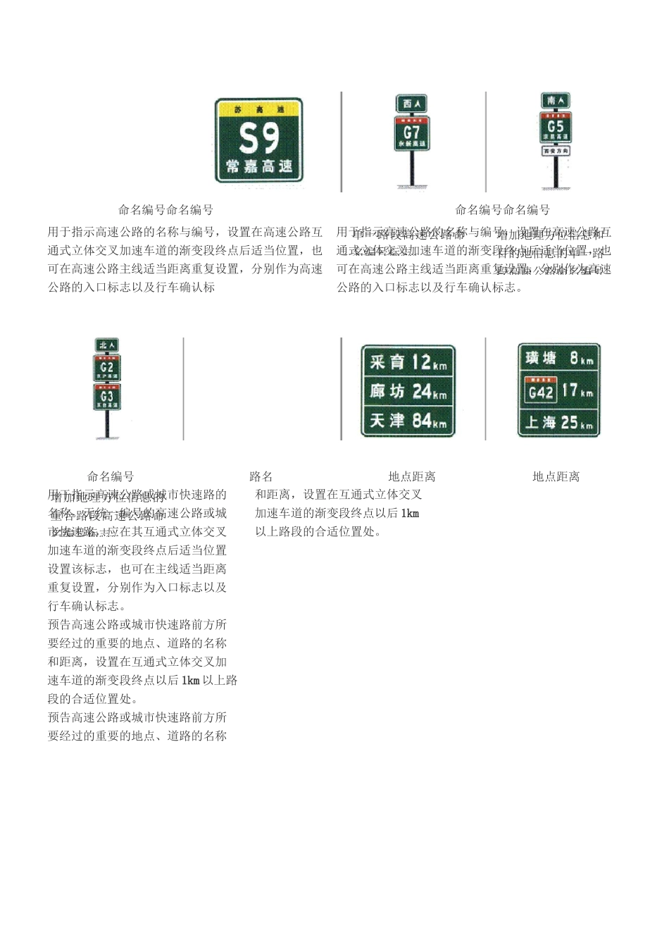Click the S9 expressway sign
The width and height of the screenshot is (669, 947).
coord(259,140)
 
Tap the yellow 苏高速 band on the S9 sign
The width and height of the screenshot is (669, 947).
coord(259,110)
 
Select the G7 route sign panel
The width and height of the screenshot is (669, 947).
coord(411,133)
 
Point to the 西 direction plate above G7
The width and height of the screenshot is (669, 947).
coord(411,104)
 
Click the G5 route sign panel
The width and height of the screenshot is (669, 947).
coord(556,128)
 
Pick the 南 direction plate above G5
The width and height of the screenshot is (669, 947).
coord(556,100)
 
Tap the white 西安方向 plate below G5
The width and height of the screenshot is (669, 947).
coord(556,151)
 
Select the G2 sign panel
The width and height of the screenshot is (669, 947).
coord(107,368)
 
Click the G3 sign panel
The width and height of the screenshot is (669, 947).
coord(107,397)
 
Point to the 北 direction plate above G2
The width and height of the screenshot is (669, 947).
coord(107,345)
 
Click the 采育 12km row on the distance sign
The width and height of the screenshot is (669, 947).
coord(408,362)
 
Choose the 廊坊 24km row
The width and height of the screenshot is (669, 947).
coord(408,391)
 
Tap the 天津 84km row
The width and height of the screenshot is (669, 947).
coord(408,421)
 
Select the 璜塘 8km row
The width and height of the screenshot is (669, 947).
coord(559,359)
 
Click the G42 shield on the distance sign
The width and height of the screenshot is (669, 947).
coord(541,391)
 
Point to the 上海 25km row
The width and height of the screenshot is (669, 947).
coord(559,423)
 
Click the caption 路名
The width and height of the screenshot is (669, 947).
coord(261,477)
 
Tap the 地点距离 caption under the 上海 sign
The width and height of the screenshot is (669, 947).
coord(556,477)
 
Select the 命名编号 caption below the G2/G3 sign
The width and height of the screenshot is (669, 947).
coord(111,477)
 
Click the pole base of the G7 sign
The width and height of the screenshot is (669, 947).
coord(411,187)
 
